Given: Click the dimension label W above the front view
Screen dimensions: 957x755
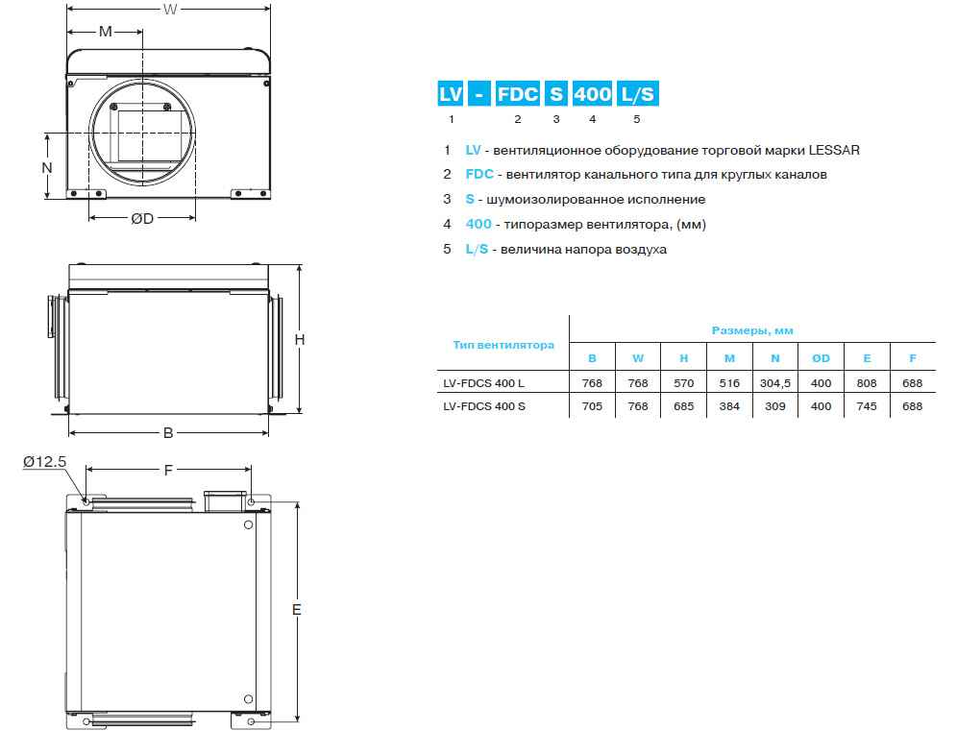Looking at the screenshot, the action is (170, 10).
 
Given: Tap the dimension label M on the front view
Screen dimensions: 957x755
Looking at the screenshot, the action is (106, 31).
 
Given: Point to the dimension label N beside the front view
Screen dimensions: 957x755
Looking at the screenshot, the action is (47, 167).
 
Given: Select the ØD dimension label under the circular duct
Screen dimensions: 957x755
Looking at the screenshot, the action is (142, 218).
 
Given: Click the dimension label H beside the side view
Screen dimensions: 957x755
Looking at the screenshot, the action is (300, 339).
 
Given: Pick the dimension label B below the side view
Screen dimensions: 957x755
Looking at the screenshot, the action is (168, 433).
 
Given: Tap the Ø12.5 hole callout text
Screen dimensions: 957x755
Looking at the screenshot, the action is (44, 461).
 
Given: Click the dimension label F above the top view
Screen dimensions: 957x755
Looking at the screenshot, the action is (168, 470).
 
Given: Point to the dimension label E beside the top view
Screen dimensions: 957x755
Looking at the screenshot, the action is (297, 609).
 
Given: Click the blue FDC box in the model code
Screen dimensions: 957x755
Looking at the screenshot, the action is (517, 94).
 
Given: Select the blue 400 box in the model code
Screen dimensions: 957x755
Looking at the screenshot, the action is (592, 94).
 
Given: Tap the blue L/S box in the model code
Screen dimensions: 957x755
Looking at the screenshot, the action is (637, 94).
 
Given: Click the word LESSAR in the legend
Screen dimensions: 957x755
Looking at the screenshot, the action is (834, 150).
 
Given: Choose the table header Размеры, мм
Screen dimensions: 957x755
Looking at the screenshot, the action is (752, 330).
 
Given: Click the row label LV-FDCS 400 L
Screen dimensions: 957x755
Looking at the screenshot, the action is (483, 383).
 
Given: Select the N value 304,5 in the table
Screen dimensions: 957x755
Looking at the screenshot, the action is (775, 383).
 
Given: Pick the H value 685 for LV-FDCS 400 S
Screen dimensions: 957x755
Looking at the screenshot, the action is (683, 406).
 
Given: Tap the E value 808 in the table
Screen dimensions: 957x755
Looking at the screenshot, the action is (867, 383).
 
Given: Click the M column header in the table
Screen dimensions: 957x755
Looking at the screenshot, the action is (729, 358).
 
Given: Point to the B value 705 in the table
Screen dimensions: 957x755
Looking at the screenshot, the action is (592, 406).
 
